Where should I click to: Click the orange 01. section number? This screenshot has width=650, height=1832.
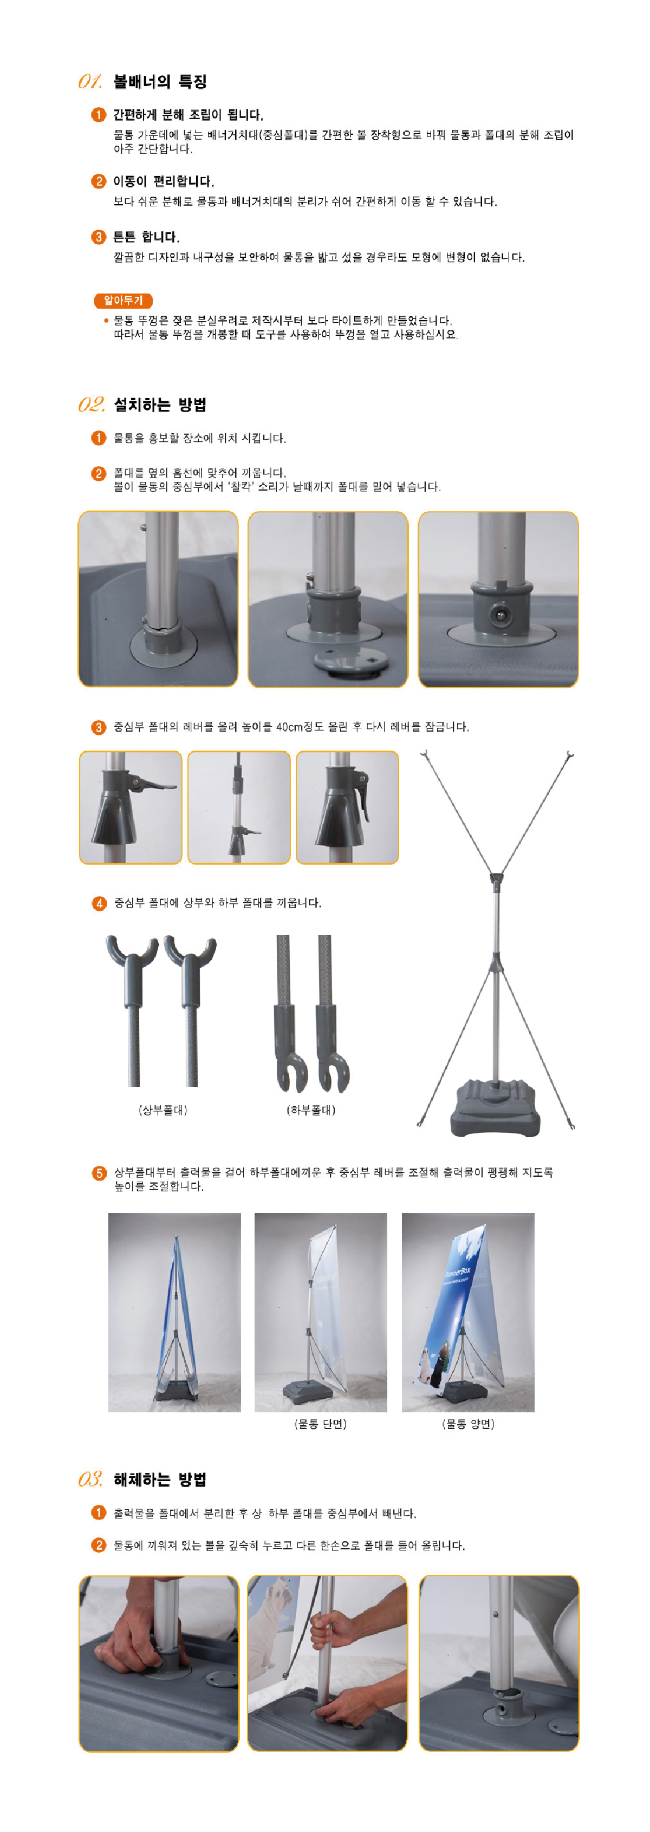[x=90, y=82]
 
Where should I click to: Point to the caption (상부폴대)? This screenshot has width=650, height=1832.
[x=163, y=1110]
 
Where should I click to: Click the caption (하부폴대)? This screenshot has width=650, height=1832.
[x=311, y=1110]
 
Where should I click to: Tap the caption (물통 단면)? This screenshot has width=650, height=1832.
[x=320, y=1424]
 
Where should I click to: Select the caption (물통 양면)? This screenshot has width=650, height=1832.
[x=468, y=1424]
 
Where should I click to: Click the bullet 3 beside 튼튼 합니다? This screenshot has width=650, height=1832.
[x=99, y=237]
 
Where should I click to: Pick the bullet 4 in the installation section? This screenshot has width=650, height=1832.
[x=99, y=903]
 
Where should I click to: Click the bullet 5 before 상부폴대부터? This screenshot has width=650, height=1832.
[x=99, y=1173]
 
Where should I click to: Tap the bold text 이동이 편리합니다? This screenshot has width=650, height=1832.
[x=164, y=181]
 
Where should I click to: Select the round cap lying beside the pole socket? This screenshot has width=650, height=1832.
[x=352, y=661]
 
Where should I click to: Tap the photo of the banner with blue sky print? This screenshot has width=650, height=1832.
[x=467, y=1312]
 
